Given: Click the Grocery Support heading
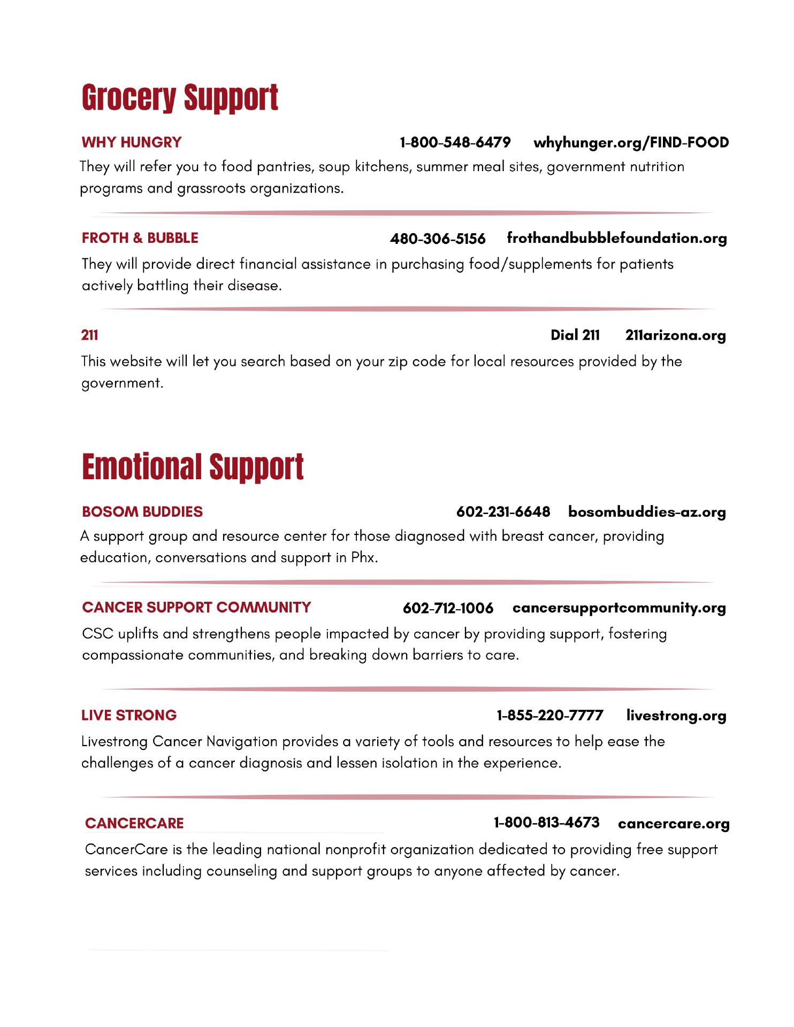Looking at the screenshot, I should pos(180,98).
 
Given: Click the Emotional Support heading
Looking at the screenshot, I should pos(193,466).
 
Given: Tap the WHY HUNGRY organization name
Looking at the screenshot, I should pos(132,142).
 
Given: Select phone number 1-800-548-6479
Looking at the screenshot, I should pos(455,142).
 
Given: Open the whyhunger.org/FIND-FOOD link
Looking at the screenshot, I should pos(631,142).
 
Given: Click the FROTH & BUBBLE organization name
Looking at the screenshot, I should pos(140,238).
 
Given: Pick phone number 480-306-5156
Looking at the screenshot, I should pos(438,239).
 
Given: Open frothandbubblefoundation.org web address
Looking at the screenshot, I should pos(616,238).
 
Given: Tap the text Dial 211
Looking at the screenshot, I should pos(575,335).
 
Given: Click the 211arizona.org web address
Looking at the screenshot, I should pos(675,335).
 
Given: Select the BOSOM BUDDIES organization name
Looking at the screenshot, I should pos(142,512).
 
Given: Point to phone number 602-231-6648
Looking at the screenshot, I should pos(503,512).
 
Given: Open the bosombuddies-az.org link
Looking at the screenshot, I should pos(647,512).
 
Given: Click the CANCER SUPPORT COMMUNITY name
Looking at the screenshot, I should pos(196,608).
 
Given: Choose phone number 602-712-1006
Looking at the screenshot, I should pos(448,608).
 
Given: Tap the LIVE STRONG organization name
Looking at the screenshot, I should pos(129,715).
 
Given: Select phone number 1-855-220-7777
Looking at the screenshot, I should pos(550,715).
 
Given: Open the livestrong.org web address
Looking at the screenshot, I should pos(676,716).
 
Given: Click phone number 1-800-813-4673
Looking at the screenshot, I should pos(546,822).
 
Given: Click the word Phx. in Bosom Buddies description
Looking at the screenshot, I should pos(364,558).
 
